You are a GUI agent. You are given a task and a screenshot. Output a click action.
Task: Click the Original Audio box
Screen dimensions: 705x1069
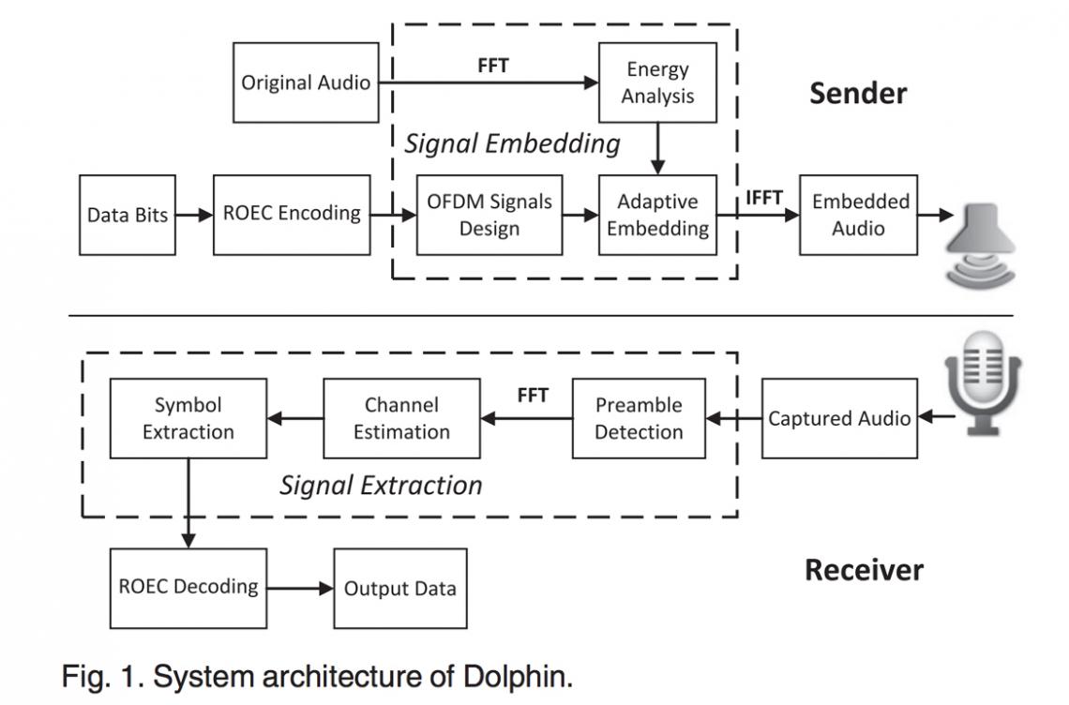306,82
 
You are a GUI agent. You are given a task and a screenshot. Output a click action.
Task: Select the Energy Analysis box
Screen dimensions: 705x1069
657,82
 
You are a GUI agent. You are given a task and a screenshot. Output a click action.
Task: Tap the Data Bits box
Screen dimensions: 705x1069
127,215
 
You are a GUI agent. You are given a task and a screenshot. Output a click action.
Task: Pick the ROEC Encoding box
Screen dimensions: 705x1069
292,214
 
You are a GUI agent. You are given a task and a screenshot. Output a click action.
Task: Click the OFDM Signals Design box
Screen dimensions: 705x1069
489,215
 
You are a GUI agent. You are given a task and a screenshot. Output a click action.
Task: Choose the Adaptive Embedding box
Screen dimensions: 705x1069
657,215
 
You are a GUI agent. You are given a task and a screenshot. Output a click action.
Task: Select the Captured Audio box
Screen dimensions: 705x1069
839,418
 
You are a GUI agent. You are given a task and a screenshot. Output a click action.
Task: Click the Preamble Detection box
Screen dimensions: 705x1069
639,418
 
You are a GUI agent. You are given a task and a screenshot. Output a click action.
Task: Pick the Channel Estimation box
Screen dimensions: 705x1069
401,418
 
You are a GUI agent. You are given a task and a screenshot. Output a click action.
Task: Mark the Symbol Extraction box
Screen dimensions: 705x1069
188,418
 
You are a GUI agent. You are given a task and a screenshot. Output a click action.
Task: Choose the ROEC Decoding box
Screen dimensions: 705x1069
188,588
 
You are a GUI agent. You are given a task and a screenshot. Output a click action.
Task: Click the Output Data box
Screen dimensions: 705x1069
400,589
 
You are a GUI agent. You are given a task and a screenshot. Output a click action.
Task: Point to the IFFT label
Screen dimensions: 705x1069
765,197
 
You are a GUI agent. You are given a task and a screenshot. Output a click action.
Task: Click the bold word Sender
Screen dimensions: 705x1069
858,94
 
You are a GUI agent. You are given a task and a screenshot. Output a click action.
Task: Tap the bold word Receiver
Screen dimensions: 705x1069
864,569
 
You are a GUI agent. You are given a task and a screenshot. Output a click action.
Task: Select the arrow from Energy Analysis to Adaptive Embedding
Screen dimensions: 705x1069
657,148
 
